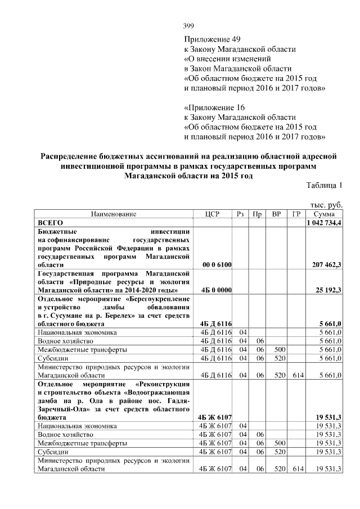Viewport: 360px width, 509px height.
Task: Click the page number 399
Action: click(190, 26)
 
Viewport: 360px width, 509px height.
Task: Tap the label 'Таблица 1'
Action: click(325, 186)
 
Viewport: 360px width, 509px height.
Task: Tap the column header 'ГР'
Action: click(295, 214)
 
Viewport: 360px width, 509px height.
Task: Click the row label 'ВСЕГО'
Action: click(51, 223)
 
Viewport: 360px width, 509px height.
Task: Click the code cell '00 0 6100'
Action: click(216, 264)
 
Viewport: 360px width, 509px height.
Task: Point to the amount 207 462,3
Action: click(327, 264)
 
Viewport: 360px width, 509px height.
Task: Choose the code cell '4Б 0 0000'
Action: click(216, 290)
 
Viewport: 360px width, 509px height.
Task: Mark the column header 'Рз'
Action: click(240, 214)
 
